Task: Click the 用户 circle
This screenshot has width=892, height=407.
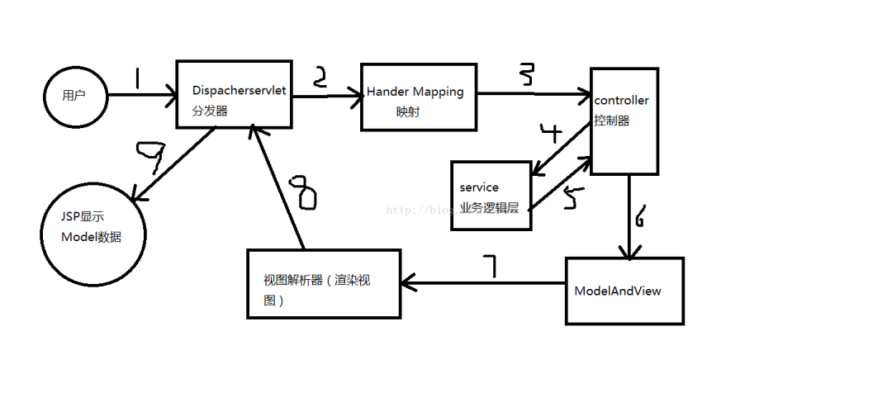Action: pos(75,95)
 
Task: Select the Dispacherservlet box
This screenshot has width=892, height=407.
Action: pos(235,94)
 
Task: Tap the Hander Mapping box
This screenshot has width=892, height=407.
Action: pos(420,97)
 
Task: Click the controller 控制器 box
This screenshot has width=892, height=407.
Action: pos(624,121)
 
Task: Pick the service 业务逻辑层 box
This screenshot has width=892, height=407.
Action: pos(489,196)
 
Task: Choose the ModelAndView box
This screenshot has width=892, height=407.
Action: pos(624,291)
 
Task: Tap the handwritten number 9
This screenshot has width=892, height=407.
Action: pos(154,155)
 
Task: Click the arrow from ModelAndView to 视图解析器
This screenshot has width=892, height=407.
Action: pos(483,283)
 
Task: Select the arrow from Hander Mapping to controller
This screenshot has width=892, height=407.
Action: pos(533,94)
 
